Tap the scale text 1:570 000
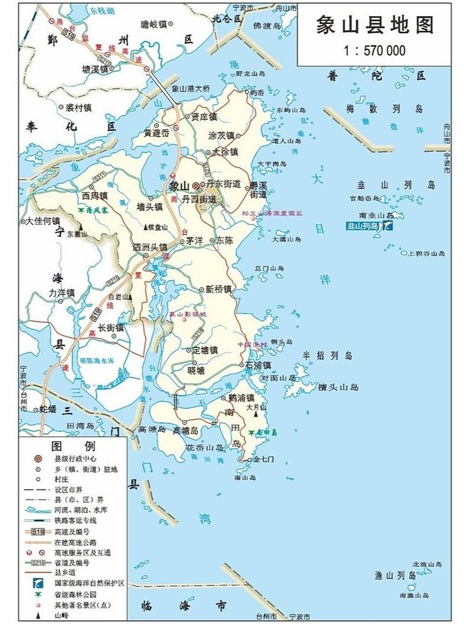coord(374,50)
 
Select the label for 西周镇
coord(95,196)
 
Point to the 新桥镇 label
coord(218,289)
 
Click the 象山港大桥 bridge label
coord(191,89)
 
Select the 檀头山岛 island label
coord(338,387)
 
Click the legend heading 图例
coord(74,446)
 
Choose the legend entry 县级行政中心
coord(75,459)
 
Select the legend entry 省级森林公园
coord(75,594)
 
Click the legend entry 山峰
coord(61,616)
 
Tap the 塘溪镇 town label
coord(95,69)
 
